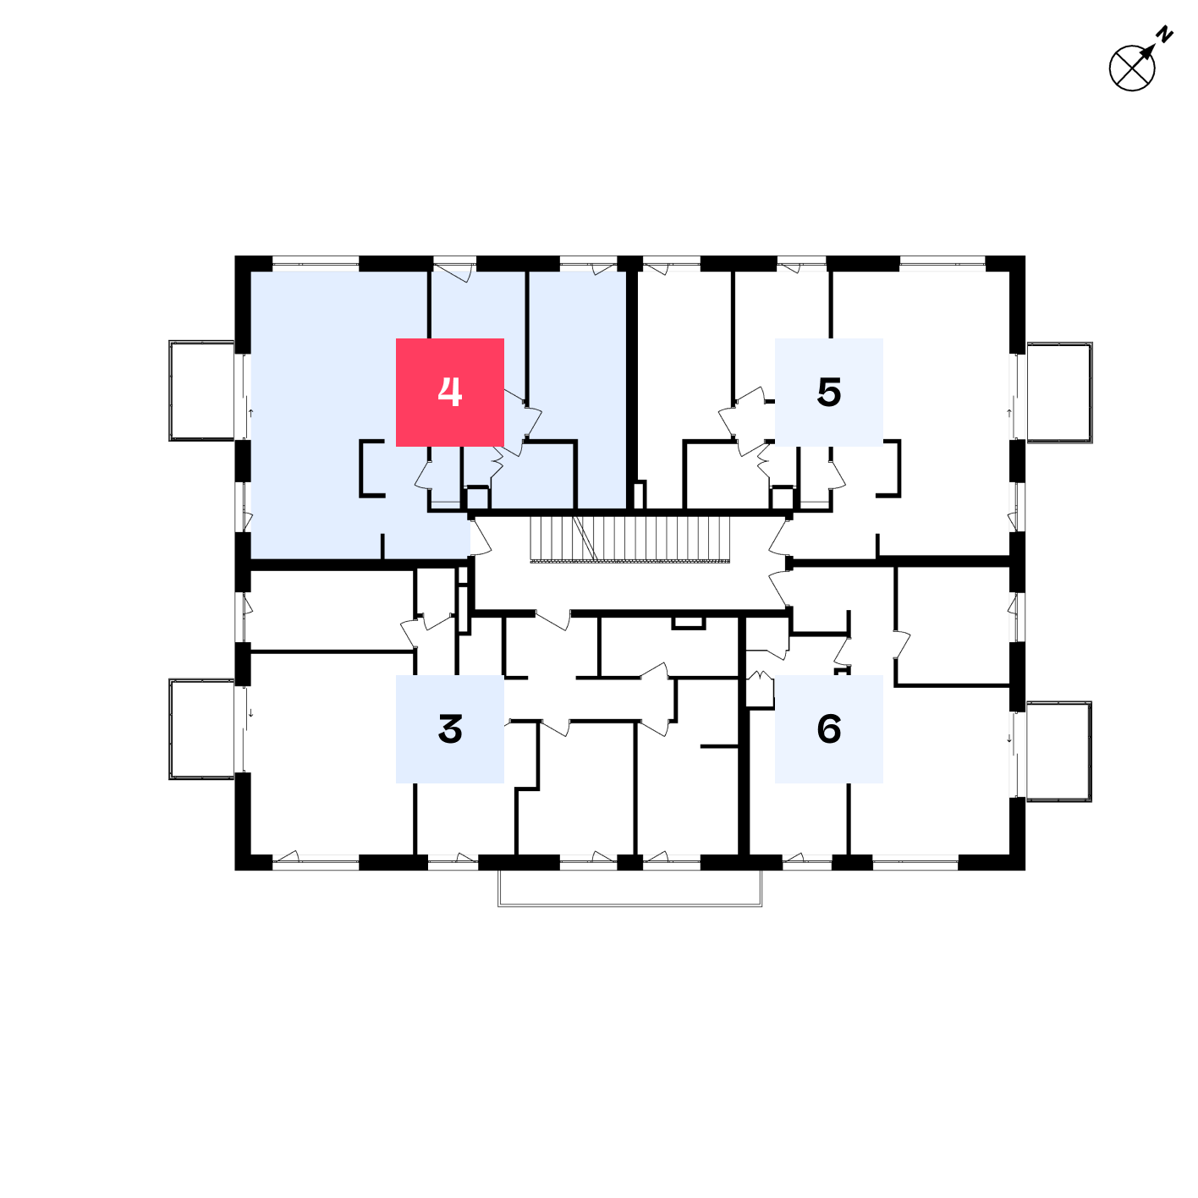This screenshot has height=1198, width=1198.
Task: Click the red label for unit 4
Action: point(449,392)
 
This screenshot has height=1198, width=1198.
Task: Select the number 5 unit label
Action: point(829,392)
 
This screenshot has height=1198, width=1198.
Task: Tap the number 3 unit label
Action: point(449,728)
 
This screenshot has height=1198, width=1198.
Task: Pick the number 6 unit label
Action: point(829,728)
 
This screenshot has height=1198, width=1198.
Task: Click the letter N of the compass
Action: point(1164,34)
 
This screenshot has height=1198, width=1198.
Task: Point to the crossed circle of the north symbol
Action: point(1132,69)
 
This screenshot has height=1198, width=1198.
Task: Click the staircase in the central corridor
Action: point(629,540)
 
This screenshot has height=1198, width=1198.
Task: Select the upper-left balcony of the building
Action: point(202,390)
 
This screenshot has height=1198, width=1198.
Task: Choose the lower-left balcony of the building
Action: point(202,728)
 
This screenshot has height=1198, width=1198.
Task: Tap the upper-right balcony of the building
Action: point(1059,393)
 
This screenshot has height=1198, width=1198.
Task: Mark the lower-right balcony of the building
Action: point(1058,751)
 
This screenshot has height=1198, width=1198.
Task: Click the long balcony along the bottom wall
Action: point(629,888)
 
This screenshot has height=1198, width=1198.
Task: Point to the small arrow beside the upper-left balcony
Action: point(251,412)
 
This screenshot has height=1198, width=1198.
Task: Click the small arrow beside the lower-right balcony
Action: point(1009,739)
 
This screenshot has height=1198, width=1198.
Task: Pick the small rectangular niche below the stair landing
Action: point(688,623)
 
